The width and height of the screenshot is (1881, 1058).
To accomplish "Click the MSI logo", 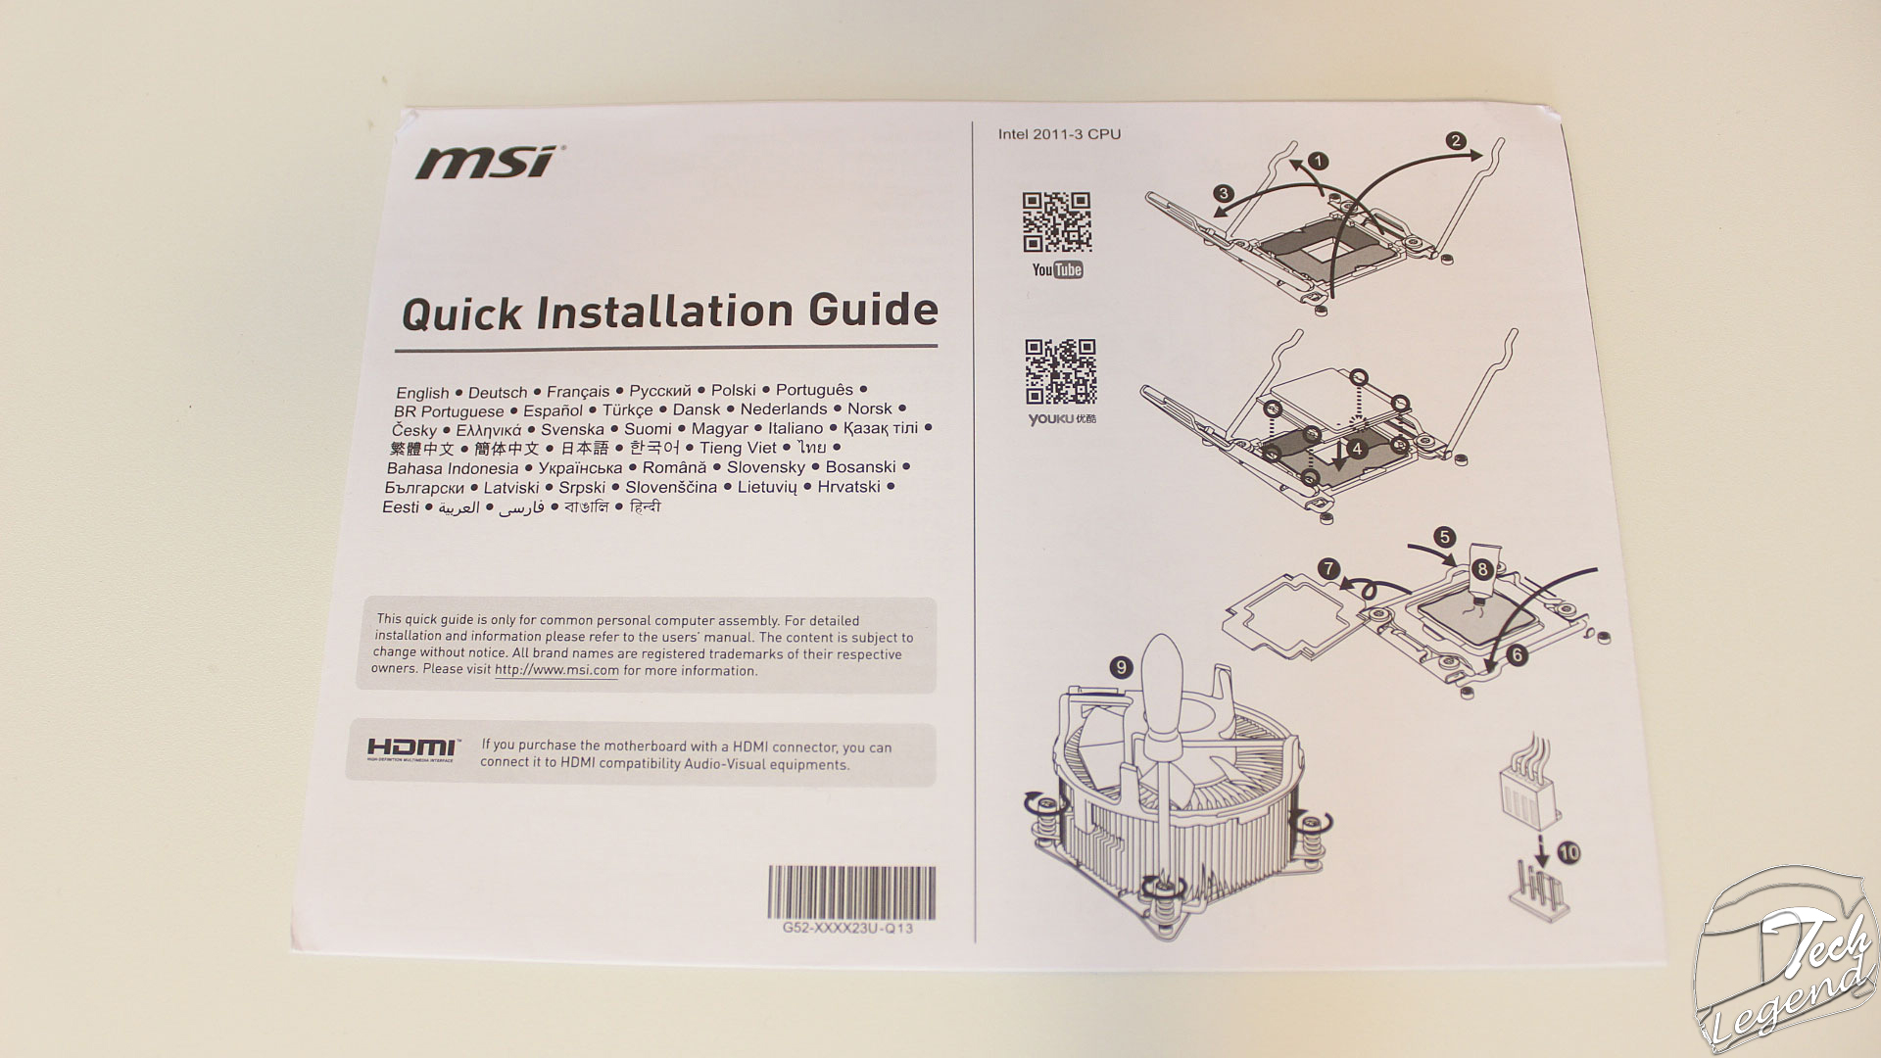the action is pyautogui.click(x=487, y=163).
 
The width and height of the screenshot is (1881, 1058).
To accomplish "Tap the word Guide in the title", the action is pyautogui.click(x=874, y=310).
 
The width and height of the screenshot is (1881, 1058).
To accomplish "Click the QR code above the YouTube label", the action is pyautogui.click(x=1057, y=222).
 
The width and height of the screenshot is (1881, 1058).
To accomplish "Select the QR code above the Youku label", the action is pyautogui.click(x=1060, y=371).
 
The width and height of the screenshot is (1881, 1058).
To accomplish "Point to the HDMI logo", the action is pyautogui.click(x=411, y=749).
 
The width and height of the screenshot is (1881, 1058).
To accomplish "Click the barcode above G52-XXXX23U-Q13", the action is pyautogui.click(x=850, y=892).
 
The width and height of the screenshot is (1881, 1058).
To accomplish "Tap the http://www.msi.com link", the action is pyautogui.click(x=556, y=671).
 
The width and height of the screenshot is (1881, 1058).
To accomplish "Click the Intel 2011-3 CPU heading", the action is pyautogui.click(x=1059, y=134).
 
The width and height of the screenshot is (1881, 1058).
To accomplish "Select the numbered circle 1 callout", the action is pyautogui.click(x=1318, y=161).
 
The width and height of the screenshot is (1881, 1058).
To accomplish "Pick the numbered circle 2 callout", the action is pyautogui.click(x=1456, y=140).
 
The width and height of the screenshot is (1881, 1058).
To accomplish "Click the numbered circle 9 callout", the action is pyautogui.click(x=1121, y=667).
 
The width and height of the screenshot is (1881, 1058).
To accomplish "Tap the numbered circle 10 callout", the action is pyautogui.click(x=1568, y=852).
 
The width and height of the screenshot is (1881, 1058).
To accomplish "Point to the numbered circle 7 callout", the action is pyautogui.click(x=1327, y=568).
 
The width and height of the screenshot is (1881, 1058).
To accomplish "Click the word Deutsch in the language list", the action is pyautogui.click(x=498, y=393).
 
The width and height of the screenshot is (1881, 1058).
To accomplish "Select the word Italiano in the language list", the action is pyautogui.click(x=796, y=428).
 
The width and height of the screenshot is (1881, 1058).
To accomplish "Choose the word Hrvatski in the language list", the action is pyautogui.click(x=848, y=486).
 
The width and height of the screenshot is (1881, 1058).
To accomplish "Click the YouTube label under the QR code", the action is pyautogui.click(x=1057, y=269).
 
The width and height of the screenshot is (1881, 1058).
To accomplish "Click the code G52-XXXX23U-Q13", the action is pyautogui.click(x=847, y=928).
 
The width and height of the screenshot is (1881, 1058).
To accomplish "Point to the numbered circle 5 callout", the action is pyautogui.click(x=1444, y=537).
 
